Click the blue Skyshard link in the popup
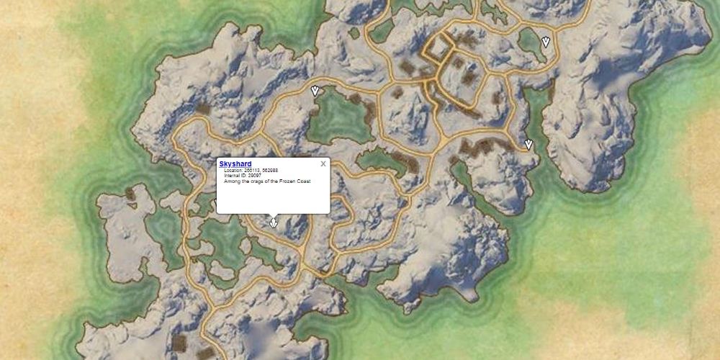235,164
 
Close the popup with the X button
323,163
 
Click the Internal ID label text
235,175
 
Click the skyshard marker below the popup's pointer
273,224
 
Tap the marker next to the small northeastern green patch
546,41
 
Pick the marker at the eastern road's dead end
528,145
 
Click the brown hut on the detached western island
130,193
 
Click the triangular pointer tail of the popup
273,216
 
